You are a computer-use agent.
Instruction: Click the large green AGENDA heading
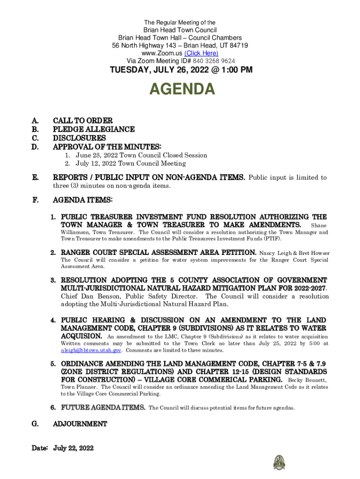(182, 89)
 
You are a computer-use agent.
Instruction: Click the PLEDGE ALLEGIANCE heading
(94, 130)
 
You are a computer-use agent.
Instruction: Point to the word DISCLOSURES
(79, 138)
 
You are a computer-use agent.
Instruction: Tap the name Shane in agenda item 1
(319, 226)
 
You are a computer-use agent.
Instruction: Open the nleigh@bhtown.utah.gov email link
(91, 350)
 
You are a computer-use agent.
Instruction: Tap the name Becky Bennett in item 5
(308, 380)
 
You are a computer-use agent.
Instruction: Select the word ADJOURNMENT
(80, 424)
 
